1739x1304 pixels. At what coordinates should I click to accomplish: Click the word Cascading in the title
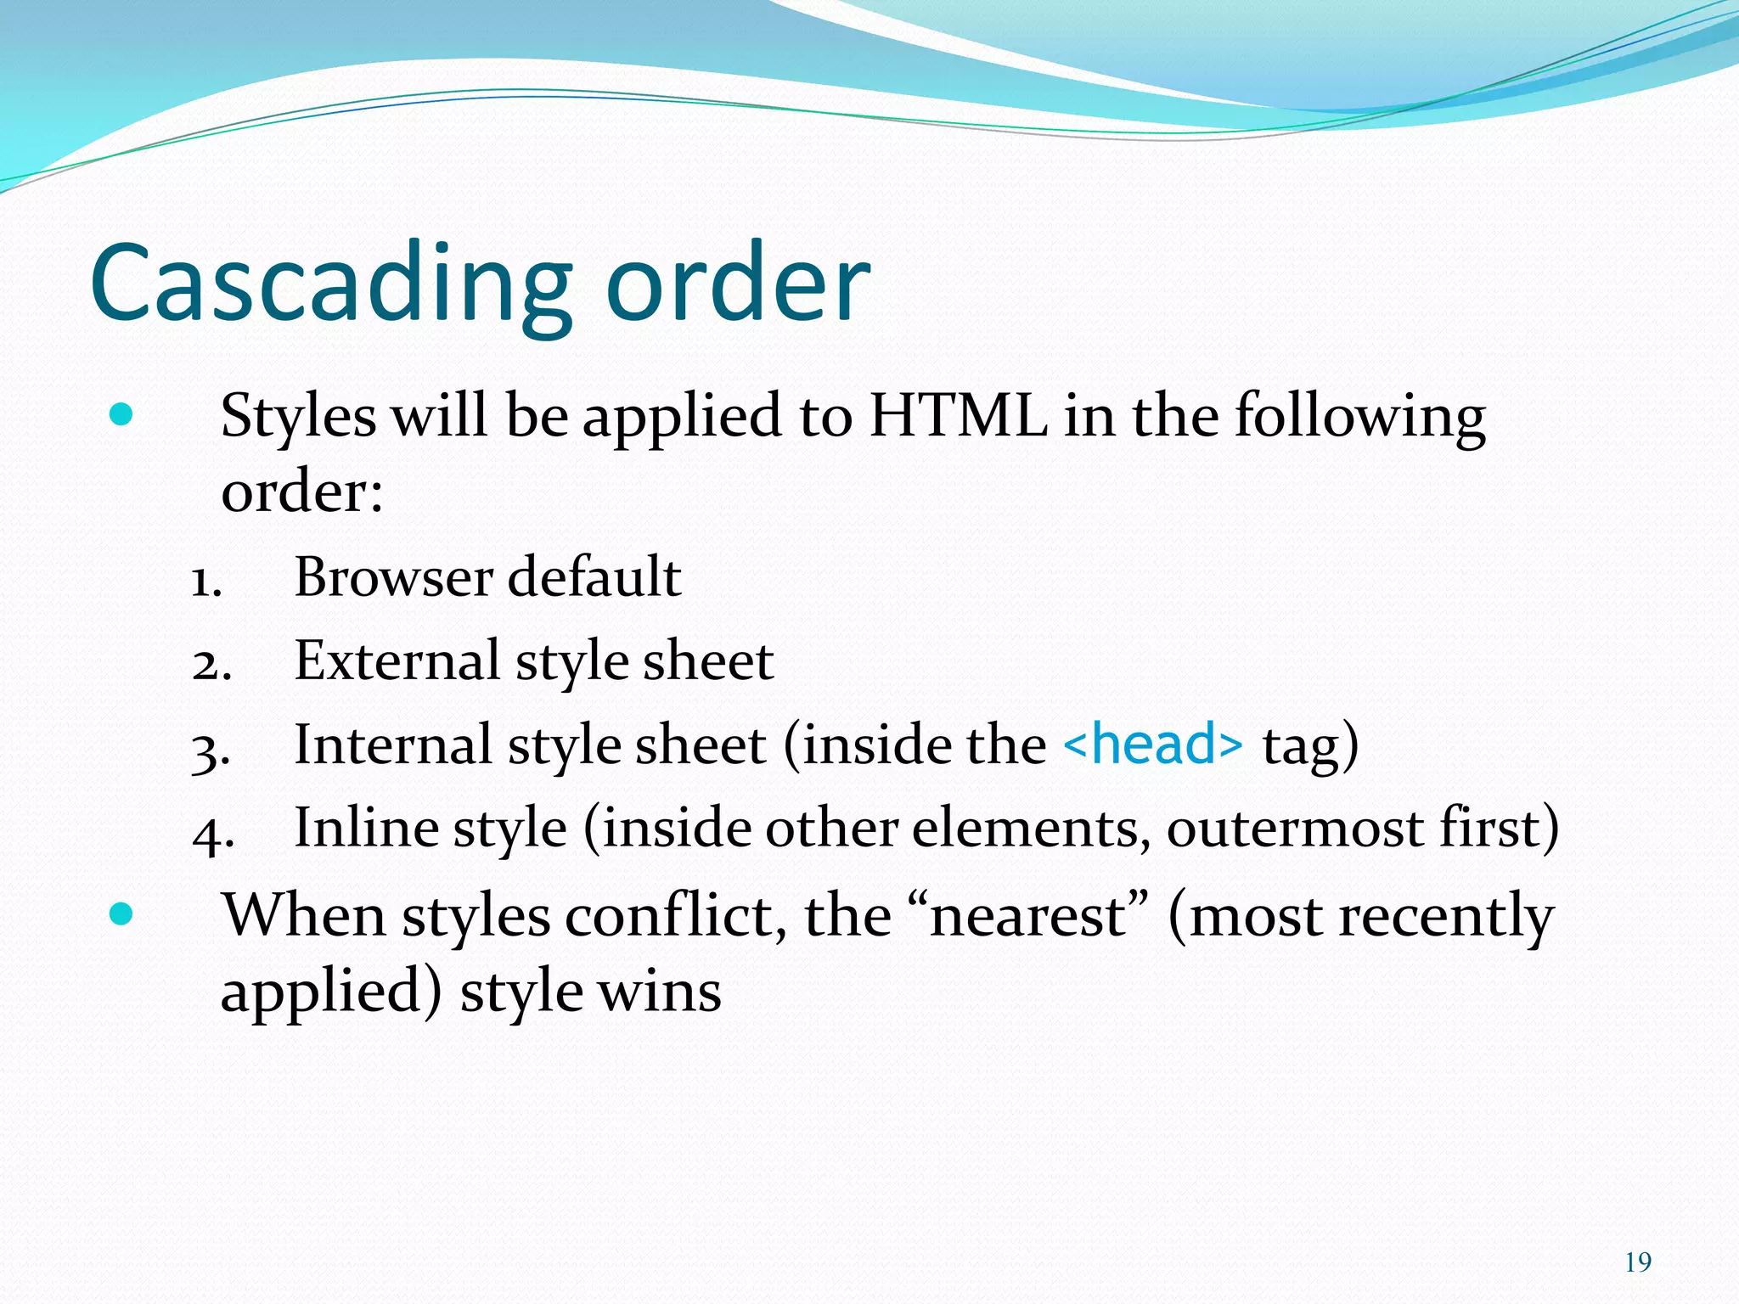click(x=331, y=284)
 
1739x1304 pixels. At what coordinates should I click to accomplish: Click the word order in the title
click(x=738, y=284)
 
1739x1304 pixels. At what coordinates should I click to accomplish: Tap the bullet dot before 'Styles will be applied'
click(x=121, y=415)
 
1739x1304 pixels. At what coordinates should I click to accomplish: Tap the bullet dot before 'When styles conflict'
click(x=121, y=914)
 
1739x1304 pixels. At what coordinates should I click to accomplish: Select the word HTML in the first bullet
click(x=958, y=416)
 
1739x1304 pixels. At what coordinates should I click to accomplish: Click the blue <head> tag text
click(x=1152, y=745)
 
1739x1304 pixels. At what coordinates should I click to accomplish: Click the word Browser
click(x=393, y=577)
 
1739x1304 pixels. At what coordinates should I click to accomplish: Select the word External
click(x=397, y=660)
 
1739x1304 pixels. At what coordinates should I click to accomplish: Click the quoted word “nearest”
click(x=1027, y=916)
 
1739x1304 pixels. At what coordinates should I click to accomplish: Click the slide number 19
click(x=1638, y=1262)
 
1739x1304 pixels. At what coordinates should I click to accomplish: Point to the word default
click(x=594, y=577)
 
